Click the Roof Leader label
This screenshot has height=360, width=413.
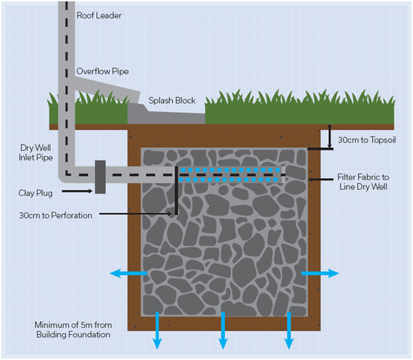100,15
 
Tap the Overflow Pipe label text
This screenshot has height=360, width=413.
102,71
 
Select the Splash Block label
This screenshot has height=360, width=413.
172,101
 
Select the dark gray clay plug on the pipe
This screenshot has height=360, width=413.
100,176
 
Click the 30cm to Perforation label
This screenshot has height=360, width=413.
56,215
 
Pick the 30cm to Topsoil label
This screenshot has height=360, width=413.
365,140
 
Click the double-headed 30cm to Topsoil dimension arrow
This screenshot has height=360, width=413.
328,138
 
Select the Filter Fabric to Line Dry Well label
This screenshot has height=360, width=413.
363,182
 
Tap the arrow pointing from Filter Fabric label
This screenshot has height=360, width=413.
320,179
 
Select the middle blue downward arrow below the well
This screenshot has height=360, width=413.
223,330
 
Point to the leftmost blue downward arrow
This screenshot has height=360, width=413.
158,330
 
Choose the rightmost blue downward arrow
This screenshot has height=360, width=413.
288,330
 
